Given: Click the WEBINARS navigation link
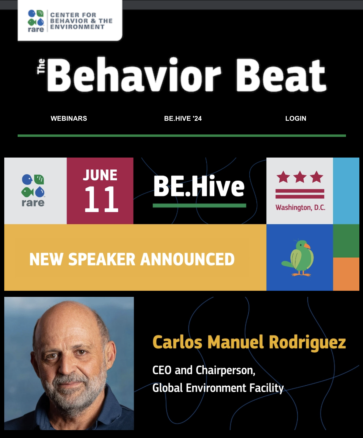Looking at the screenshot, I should (x=69, y=118).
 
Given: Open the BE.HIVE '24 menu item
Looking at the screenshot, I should (x=183, y=118).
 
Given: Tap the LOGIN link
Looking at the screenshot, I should (x=296, y=118).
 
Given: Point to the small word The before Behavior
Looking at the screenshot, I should (x=41, y=67).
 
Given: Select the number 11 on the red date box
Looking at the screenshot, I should (x=101, y=199).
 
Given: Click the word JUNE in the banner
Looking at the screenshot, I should (x=100, y=175).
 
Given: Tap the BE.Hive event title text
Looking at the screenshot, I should (x=199, y=186).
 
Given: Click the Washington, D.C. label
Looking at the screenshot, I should (x=300, y=208).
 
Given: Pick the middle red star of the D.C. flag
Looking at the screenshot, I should (x=300, y=177).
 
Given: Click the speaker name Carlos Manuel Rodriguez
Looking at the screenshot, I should (x=249, y=342).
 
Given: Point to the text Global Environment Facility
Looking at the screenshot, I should (x=218, y=388).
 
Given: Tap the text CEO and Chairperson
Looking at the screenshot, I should (x=203, y=370).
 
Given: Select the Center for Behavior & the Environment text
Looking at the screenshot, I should (x=81, y=21).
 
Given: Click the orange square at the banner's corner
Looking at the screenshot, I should (x=346, y=274).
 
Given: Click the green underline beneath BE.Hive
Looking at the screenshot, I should (x=199, y=206).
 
